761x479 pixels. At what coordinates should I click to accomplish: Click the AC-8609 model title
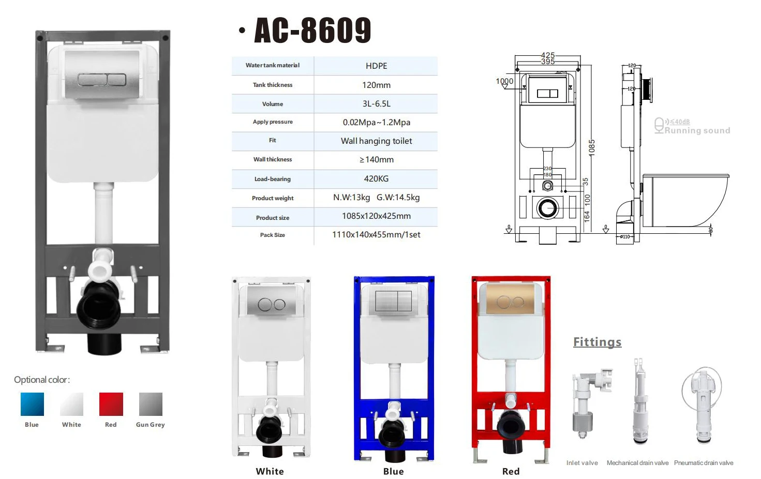[312, 30]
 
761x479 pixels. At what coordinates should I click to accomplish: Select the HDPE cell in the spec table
[376, 66]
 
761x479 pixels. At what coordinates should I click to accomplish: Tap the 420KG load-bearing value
[376, 178]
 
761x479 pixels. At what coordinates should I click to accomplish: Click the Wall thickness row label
[273, 159]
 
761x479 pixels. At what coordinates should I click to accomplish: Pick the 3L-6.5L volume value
[376, 103]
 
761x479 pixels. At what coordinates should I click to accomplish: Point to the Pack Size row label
[273, 235]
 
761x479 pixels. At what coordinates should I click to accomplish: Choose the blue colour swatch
[32, 405]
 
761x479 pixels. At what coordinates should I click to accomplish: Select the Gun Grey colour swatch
[151, 405]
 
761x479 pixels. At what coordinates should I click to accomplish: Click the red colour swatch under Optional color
[111, 405]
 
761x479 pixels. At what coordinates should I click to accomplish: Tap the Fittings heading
[597, 342]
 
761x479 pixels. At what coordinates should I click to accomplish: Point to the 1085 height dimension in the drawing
[592, 148]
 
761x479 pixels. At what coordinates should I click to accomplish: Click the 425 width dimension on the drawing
[548, 55]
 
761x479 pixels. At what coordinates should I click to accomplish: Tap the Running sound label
[697, 130]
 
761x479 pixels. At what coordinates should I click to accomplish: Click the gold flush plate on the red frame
[510, 300]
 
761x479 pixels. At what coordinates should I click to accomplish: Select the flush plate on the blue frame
[393, 301]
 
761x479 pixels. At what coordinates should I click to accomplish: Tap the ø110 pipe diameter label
[625, 237]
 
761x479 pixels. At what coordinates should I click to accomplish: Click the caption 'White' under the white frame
[270, 471]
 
